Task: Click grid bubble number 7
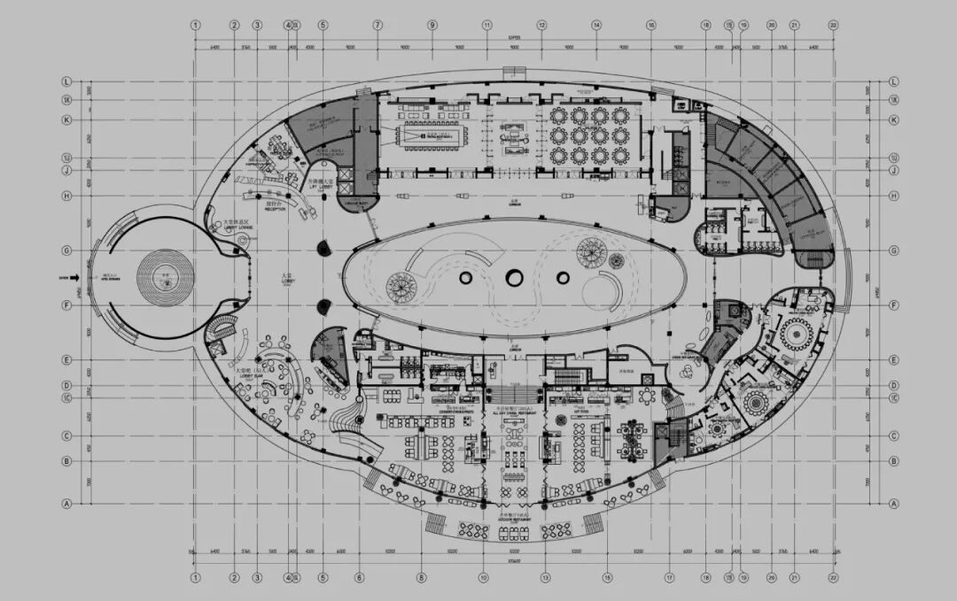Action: (377, 26)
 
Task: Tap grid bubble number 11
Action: (486, 26)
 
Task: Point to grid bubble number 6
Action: (360, 577)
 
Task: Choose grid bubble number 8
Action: (422, 577)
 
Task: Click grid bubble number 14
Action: (596, 26)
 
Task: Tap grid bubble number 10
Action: (483, 577)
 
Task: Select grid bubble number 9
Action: (432, 26)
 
